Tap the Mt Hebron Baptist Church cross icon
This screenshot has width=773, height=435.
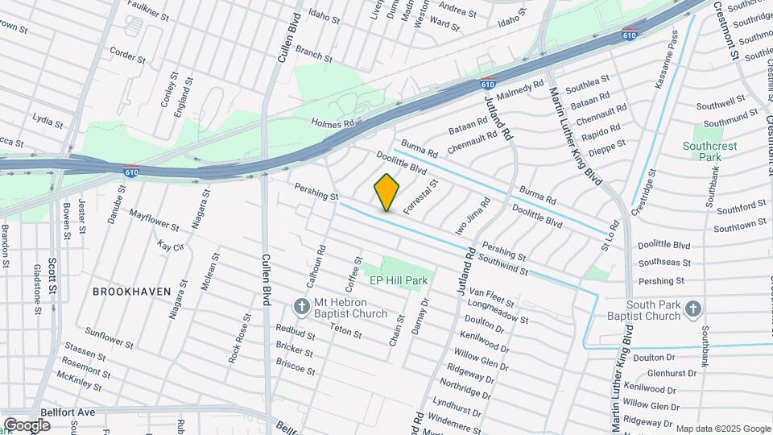click(x=301, y=305)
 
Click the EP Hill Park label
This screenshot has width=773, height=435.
click(x=398, y=280)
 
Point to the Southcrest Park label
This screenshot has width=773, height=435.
click(x=701, y=151)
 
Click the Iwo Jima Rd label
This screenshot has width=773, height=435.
click(x=471, y=216)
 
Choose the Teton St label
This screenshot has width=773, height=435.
click(x=345, y=331)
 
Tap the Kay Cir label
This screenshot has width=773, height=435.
click(x=172, y=246)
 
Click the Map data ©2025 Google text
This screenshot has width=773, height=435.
click(x=723, y=429)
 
